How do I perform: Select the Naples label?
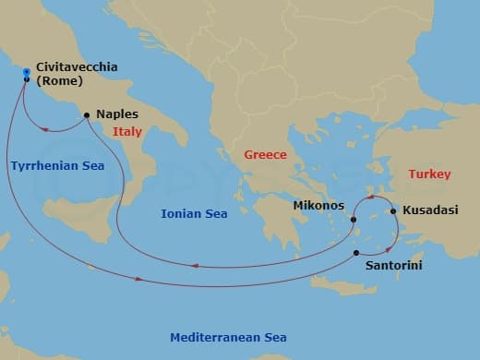[x=117, y=114]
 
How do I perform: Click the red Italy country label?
[x=127, y=132]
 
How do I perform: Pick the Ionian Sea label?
[x=194, y=213]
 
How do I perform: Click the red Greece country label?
[x=265, y=154]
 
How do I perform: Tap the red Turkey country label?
[x=429, y=174]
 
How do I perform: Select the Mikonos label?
[x=318, y=204]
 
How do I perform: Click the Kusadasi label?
[x=430, y=210]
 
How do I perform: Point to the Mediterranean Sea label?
[x=228, y=337]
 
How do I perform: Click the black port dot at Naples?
[x=87, y=115]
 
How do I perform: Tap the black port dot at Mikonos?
[x=354, y=220]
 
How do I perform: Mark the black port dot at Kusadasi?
[x=394, y=211]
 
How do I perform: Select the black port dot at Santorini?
[x=357, y=252]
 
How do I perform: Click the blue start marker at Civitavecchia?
[x=26, y=73]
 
